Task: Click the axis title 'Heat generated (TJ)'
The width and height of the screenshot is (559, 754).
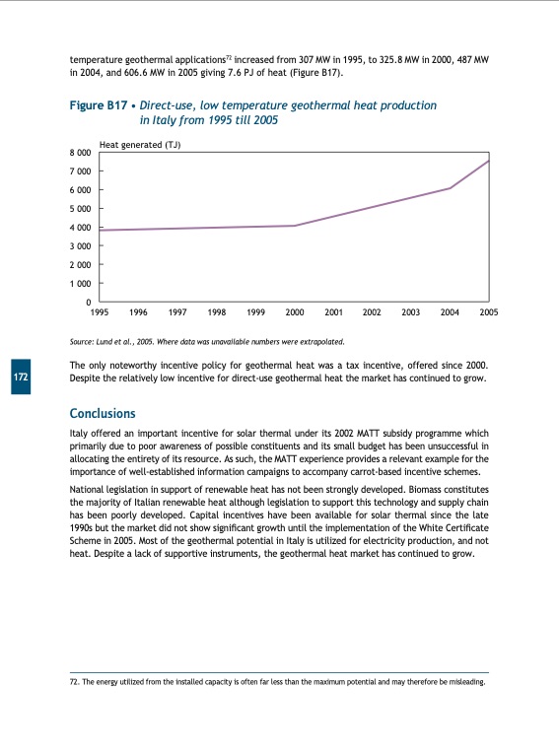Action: click(141, 145)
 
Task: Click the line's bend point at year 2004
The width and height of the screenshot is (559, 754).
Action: click(450, 188)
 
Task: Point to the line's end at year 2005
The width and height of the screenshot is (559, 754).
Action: click(488, 161)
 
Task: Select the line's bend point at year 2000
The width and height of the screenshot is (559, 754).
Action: click(295, 226)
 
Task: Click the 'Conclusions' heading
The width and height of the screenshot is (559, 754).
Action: click(103, 413)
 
